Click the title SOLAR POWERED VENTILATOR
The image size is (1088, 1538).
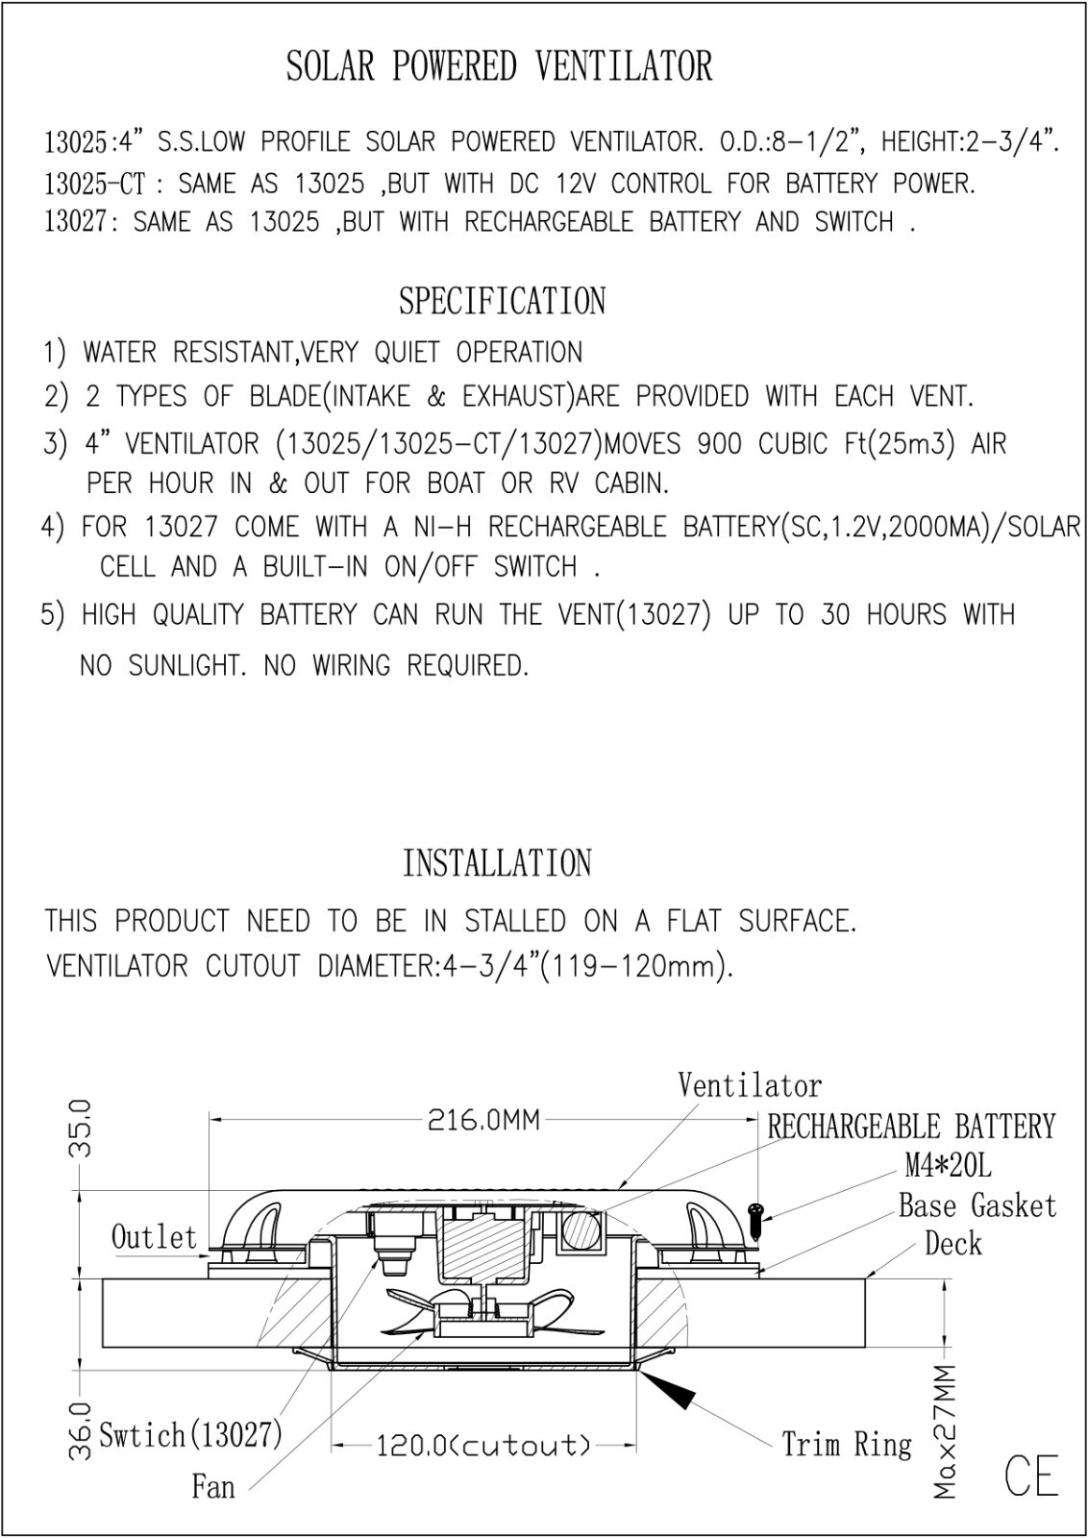click(499, 66)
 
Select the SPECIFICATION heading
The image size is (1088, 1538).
click(503, 301)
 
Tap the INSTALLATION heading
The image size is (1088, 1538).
click(497, 863)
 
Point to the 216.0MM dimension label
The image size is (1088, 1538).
click(484, 1121)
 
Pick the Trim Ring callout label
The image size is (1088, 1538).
click(847, 1445)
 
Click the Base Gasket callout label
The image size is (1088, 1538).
click(977, 1205)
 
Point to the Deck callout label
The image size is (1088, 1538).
click(952, 1244)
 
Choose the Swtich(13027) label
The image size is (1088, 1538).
click(191, 1434)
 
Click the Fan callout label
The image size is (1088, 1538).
click(212, 1487)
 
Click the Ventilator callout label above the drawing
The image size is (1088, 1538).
click(750, 1085)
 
